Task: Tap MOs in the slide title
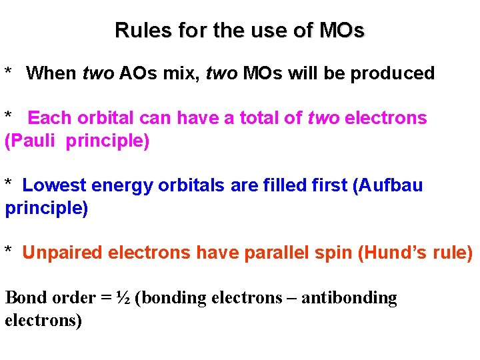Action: [342, 31]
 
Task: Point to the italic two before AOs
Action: [99, 73]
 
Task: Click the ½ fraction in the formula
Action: [122, 297]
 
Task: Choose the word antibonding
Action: [349, 298]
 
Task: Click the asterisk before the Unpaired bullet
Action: [9, 251]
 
